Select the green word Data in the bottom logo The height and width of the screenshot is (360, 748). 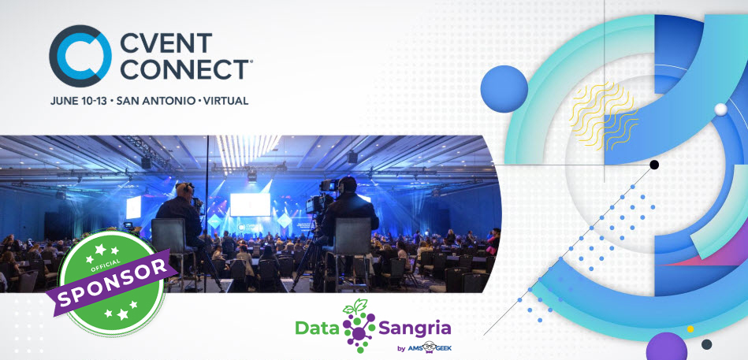[x=314, y=326]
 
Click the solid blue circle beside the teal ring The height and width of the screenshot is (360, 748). [x=504, y=88]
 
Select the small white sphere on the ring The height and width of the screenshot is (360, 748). [x=720, y=109]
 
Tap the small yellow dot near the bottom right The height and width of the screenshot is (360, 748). [x=690, y=328]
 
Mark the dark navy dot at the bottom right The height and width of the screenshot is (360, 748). [x=707, y=344]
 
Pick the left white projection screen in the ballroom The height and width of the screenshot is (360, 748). [x=133, y=207]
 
